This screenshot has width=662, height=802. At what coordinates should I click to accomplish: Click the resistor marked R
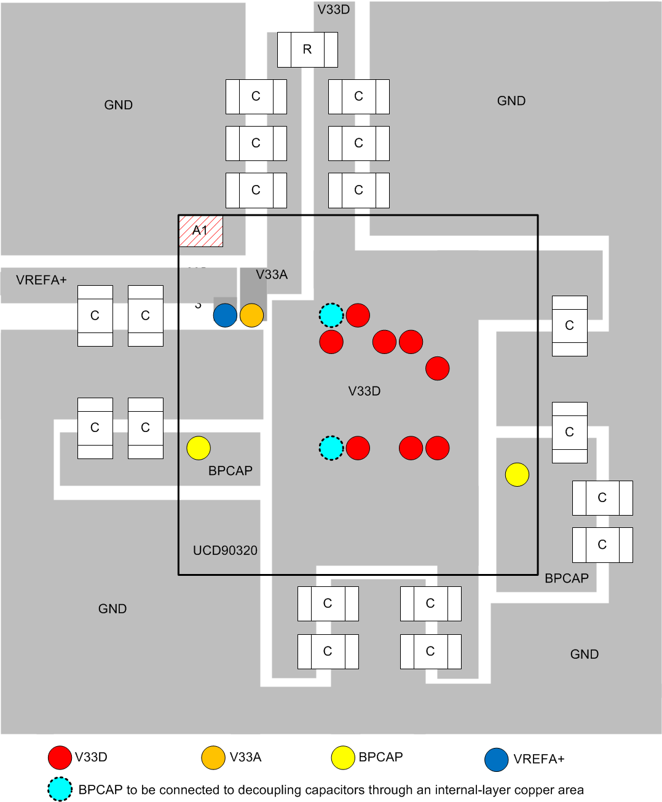tap(307, 50)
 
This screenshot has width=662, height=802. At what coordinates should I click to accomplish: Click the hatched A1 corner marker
tap(200, 231)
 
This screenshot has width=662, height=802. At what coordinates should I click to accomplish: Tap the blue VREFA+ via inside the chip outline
tap(225, 315)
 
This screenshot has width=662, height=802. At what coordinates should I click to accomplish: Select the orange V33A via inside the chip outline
tap(251, 315)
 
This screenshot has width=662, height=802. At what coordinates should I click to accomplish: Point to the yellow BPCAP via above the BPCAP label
tap(199, 448)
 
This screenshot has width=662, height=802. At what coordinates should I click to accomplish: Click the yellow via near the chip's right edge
tap(517, 474)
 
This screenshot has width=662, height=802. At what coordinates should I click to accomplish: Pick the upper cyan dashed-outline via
tap(331, 315)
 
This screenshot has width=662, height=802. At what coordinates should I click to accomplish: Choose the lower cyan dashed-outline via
tap(331, 448)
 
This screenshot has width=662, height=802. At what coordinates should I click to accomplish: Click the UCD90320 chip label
tap(225, 551)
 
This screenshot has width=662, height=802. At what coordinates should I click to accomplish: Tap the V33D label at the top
tap(334, 10)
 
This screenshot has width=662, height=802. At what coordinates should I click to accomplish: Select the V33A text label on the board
tap(272, 275)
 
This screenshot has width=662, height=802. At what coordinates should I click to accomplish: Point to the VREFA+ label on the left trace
tap(41, 280)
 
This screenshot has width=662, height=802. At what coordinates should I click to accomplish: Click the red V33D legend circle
tap(60, 758)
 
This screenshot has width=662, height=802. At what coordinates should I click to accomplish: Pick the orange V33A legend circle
tap(213, 758)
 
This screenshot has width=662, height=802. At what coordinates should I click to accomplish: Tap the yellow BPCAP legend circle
tap(343, 758)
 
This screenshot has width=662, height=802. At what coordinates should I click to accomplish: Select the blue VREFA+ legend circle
tap(496, 760)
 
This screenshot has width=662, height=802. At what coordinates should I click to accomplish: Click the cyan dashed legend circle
tap(60, 790)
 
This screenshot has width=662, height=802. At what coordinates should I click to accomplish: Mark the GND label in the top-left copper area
tap(119, 105)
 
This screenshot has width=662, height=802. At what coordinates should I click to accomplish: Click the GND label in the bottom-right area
tap(584, 655)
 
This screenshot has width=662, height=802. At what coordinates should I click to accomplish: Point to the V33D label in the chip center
tap(364, 391)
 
